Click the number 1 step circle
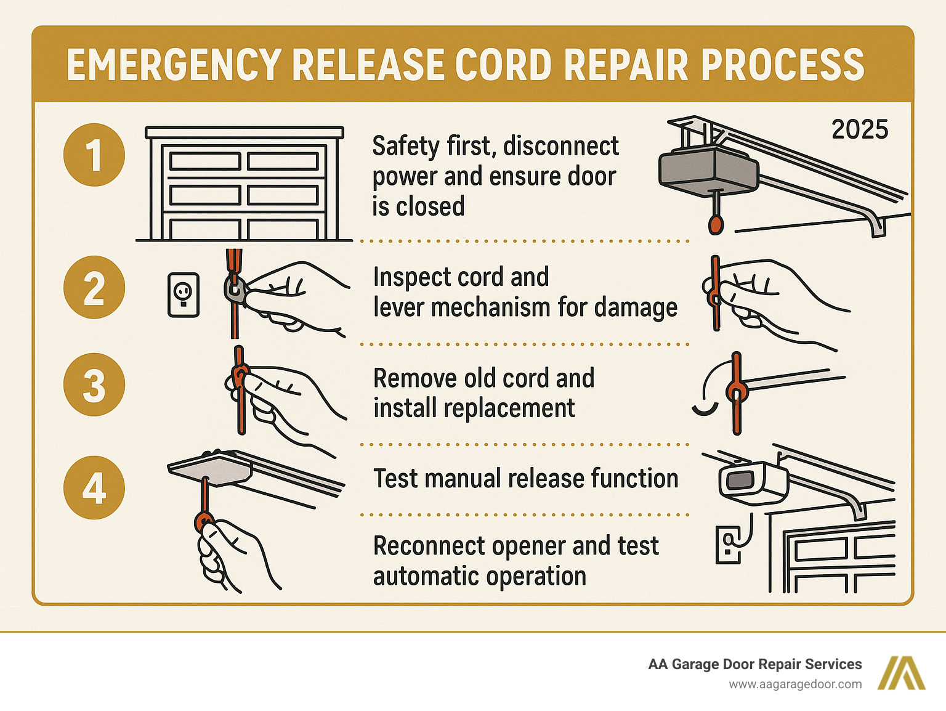click(94, 155)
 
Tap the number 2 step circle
click(94, 288)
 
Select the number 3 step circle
click(94, 385)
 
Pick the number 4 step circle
click(94, 488)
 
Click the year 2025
click(860, 130)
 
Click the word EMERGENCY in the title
click(174, 65)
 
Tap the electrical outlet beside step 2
click(184, 295)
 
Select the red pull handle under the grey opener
click(715, 223)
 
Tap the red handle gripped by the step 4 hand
click(202, 521)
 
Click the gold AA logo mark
click(904, 673)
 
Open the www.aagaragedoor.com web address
click(795, 685)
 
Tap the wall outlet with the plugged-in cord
click(727, 544)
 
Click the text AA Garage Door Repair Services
click(754, 664)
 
